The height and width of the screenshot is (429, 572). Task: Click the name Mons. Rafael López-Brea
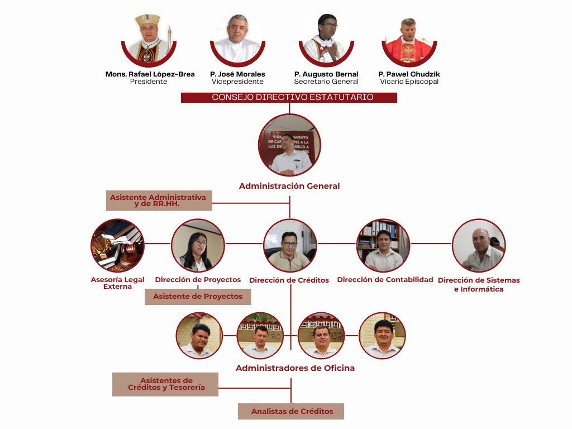(150, 74)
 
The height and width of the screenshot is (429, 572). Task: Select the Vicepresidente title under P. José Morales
(237, 82)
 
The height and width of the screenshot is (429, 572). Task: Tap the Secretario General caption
(326, 82)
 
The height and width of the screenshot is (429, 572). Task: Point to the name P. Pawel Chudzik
(409, 74)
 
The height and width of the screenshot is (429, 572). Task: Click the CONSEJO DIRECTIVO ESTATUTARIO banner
(289, 97)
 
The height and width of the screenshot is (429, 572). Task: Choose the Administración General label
(289, 186)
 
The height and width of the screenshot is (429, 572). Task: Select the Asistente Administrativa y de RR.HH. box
(159, 201)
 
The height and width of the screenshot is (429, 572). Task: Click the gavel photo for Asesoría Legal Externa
(117, 245)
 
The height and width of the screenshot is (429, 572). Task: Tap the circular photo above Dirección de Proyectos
(198, 245)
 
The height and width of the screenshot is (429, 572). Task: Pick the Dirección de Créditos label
(289, 280)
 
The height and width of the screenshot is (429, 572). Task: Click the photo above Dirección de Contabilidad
(383, 245)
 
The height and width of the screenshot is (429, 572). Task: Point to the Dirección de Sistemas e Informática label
(479, 284)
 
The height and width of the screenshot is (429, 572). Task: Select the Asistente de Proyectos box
(198, 297)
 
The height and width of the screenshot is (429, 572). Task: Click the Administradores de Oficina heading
(295, 368)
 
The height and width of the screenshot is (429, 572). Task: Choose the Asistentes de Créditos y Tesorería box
(165, 384)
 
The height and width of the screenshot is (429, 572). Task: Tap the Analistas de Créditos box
(291, 412)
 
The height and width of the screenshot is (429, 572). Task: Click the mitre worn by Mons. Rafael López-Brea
(148, 22)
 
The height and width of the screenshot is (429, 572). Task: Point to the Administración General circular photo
(289, 145)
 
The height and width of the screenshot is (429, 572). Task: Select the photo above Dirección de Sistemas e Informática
(479, 245)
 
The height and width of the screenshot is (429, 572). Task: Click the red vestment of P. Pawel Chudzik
(408, 53)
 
